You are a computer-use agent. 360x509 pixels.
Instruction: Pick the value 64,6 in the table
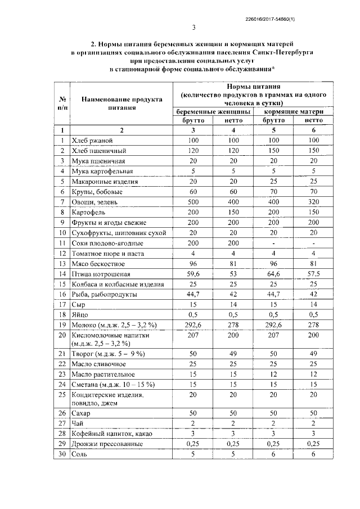click(x=273, y=274)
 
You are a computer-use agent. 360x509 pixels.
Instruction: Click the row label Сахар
click(x=82, y=412)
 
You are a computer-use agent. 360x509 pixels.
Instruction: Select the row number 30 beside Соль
click(x=62, y=454)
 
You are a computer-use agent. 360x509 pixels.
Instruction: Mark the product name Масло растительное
click(x=102, y=373)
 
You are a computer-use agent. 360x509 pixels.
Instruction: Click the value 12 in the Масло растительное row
click(x=273, y=373)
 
